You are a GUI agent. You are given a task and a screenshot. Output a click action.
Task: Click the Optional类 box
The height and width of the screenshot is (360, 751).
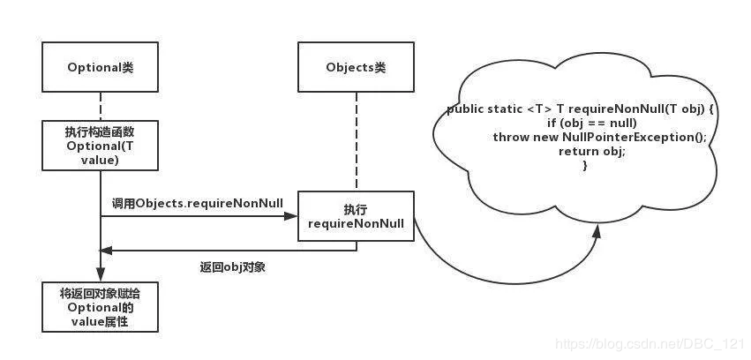click(x=101, y=67)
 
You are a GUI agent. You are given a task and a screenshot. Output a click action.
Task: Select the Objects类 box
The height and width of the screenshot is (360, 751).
click(x=357, y=67)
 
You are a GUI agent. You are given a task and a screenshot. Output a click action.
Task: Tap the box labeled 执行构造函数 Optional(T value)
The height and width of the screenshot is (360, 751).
click(x=101, y=145)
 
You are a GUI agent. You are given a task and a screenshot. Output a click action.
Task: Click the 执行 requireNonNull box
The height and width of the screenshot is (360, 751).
click(x=356, y=218)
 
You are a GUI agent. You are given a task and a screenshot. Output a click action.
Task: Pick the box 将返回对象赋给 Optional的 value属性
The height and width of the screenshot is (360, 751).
click(x=101, y=306)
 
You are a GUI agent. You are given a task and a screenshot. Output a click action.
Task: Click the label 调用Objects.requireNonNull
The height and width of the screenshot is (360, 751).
click(x=198, y=203)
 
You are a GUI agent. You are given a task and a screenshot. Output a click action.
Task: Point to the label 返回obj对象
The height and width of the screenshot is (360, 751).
click(x=233, y=266)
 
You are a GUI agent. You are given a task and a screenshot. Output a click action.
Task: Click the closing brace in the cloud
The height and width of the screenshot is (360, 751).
click(x=585, y=166)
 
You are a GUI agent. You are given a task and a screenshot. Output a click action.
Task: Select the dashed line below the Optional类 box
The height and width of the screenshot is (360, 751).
click(x=101, y=104)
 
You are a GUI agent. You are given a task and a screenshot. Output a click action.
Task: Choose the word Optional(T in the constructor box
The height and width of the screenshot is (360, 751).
click(x=101, y=145)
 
